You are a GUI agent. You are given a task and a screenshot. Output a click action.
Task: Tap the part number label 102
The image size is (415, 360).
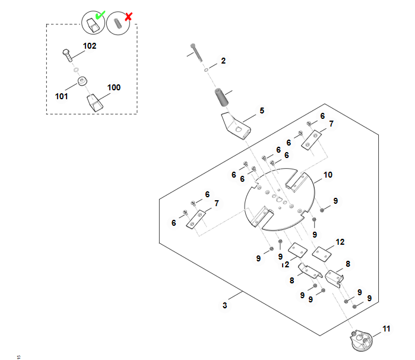pyautogui.click(x=89, y=46)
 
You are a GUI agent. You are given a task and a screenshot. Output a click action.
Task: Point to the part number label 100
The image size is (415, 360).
pyautogui.click(x=113, y=87)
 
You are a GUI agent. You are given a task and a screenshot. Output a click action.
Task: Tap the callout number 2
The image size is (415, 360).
pyautogui.click(x=223, y=61)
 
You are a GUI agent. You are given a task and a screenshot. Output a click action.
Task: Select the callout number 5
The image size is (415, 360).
pyautogui.click(x=262, y=110)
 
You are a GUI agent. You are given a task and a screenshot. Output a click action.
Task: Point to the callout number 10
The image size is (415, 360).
pyautogui.click(x=328, y=175)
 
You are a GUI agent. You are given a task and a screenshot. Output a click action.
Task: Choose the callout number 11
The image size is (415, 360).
pyautogui.click(x=387, y=329)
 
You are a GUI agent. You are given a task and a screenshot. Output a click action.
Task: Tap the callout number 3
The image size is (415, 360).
pyautogui.click(x=224, y=305)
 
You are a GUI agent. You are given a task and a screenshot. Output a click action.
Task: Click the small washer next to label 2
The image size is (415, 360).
pyautogui.click(x=206, y=70)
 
